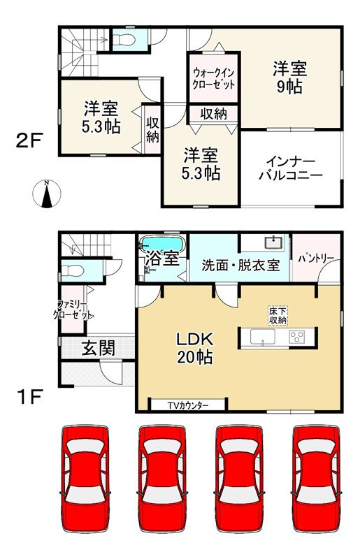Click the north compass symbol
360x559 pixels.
[46, 194]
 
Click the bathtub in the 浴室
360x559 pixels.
[162, 245]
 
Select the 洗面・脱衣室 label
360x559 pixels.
[240, 266]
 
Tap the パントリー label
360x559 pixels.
[315, 258]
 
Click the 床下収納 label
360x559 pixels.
[277, 315]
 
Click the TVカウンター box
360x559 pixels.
[188, 405]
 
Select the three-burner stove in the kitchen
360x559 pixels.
[296, 337]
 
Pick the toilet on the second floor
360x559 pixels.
[126, 38]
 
